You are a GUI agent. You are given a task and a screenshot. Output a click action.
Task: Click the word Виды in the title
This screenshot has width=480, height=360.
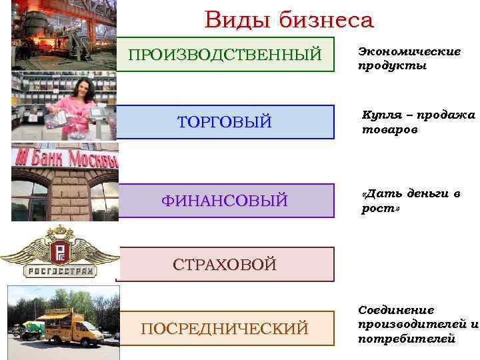236,20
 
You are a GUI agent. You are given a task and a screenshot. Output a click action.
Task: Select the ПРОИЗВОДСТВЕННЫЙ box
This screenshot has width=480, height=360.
225,54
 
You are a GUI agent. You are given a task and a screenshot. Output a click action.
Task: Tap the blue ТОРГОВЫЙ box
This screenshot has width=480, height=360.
225,122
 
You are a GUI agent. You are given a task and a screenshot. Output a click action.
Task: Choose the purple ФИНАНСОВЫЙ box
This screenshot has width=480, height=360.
225,200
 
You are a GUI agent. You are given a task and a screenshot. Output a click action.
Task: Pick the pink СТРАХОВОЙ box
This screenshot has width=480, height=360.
225,264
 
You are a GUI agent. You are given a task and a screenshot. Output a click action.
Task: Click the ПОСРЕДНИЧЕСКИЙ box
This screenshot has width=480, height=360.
225,328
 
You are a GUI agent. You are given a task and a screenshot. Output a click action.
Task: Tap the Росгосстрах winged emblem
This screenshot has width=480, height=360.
60,251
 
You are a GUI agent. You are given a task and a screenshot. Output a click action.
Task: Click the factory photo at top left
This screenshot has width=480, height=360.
63,33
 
